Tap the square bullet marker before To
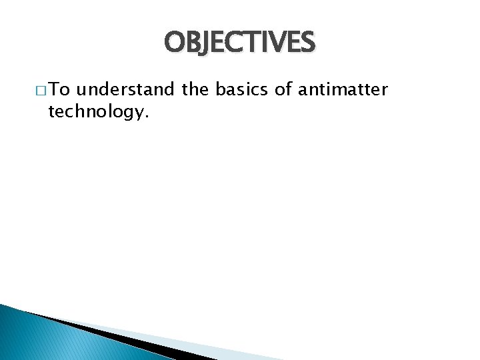coord(37,90)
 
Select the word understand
coord(127,89)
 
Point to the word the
coord(195,89)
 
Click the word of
coord(284,89)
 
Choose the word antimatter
coord(343,89)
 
